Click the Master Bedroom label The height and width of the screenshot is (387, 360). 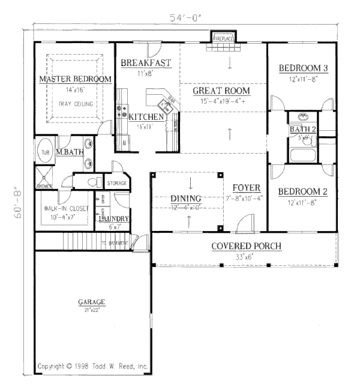pyautogui.click(x=76, y=79)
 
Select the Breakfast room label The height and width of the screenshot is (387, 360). pyautogui.click(x=146, y=63)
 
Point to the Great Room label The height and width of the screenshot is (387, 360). pyautogui.click(x=221, y=91)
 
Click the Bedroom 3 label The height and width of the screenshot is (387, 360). pyautogui.click(x=304, y=68)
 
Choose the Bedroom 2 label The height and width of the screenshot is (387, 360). pyautogui.click(x=303, y=192)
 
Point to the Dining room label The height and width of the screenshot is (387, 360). pyautogui.click(x=185, y=199)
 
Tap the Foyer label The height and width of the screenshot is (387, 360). pyautogui.click(x=247, y=188)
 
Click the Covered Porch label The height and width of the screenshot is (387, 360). pyautogui.click(x=247, y=247)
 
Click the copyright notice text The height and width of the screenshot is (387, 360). pyautogui.click(x=92, y=365)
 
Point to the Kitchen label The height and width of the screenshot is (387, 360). pyautogui.click(x=146, y=117)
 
